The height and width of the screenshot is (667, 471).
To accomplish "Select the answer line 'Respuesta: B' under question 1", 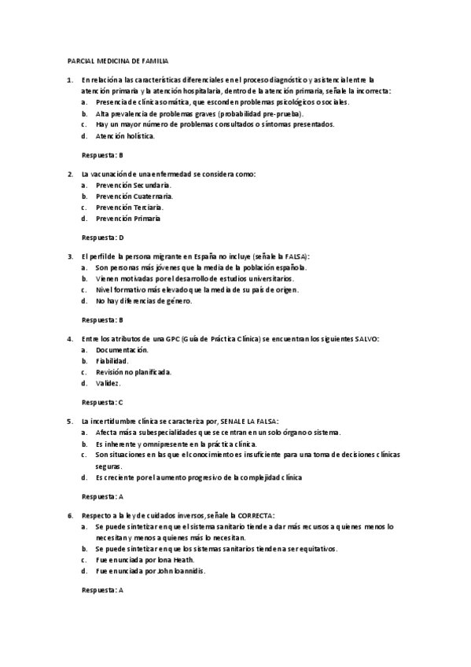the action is tap(103, 155).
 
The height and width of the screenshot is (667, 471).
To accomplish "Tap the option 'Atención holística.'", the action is tap(125, 135).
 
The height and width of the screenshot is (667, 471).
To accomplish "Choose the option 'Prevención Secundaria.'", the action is tap(134, 184).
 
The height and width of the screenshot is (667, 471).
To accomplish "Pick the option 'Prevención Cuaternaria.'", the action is tap(134, 196).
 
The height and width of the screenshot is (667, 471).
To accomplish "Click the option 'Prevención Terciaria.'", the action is tap(130, 207).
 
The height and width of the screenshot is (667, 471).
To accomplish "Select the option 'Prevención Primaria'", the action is tap(128, 218).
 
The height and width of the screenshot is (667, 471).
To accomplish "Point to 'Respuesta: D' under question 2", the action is tap(103, 237).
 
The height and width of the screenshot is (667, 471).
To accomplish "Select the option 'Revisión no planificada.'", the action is tap(133, 372).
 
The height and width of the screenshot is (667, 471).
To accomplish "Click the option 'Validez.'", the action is tap(109, 383).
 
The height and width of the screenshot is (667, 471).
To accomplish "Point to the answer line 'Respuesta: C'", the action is tap(103, 402).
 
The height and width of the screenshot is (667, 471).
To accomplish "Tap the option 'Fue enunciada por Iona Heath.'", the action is tap(139, 559).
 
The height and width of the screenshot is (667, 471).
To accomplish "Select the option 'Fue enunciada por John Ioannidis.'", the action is tap(150, 571).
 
